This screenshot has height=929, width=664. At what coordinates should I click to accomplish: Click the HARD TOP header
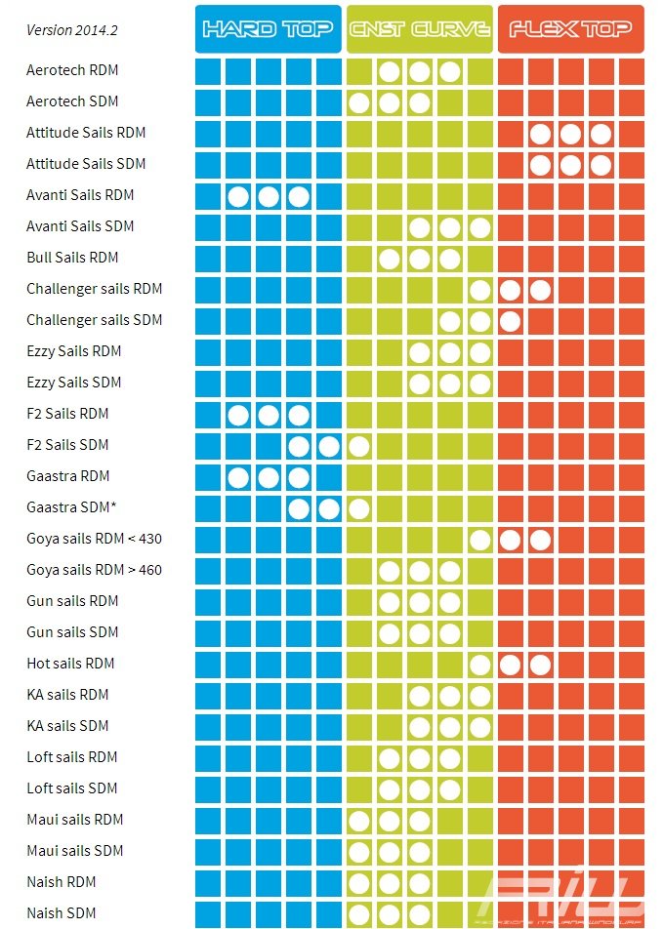click(x=268, y=29)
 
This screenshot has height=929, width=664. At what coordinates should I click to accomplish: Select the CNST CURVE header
click(x=419, y=29)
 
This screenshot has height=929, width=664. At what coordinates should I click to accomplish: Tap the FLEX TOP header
click(x=570, y=29)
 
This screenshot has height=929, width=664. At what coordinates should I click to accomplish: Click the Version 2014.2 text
click(x=72, y=30)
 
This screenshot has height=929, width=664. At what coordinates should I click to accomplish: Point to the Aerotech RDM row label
click(x=72, y=70)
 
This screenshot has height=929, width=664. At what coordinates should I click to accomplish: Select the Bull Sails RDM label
click(x=72, y=258)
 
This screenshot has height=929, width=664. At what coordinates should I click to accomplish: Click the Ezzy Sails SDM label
click(x=74, y=383)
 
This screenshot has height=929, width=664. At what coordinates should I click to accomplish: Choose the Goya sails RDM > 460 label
click(x=94, y=570)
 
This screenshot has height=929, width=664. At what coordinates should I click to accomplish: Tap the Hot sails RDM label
click(x=70, y=664)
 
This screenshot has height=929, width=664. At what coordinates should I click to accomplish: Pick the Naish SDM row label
click(x=61, y=913)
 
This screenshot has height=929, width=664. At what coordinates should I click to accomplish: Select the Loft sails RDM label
click(x=72, y=757)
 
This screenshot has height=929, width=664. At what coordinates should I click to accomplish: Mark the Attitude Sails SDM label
click(x=86, y=164)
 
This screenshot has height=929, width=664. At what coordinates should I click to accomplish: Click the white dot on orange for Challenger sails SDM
click(x=510, y=320)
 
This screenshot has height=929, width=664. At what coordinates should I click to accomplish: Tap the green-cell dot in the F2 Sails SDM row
click(x=358, y=446)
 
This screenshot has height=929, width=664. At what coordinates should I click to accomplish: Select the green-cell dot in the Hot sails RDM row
click(x=479, y=665)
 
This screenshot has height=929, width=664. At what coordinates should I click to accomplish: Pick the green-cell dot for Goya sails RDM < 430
click(x=479, y=540)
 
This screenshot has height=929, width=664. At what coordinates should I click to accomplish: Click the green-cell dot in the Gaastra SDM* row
click(x=358, y=508)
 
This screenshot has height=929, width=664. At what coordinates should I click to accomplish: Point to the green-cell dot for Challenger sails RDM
click(x=479, y=290)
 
